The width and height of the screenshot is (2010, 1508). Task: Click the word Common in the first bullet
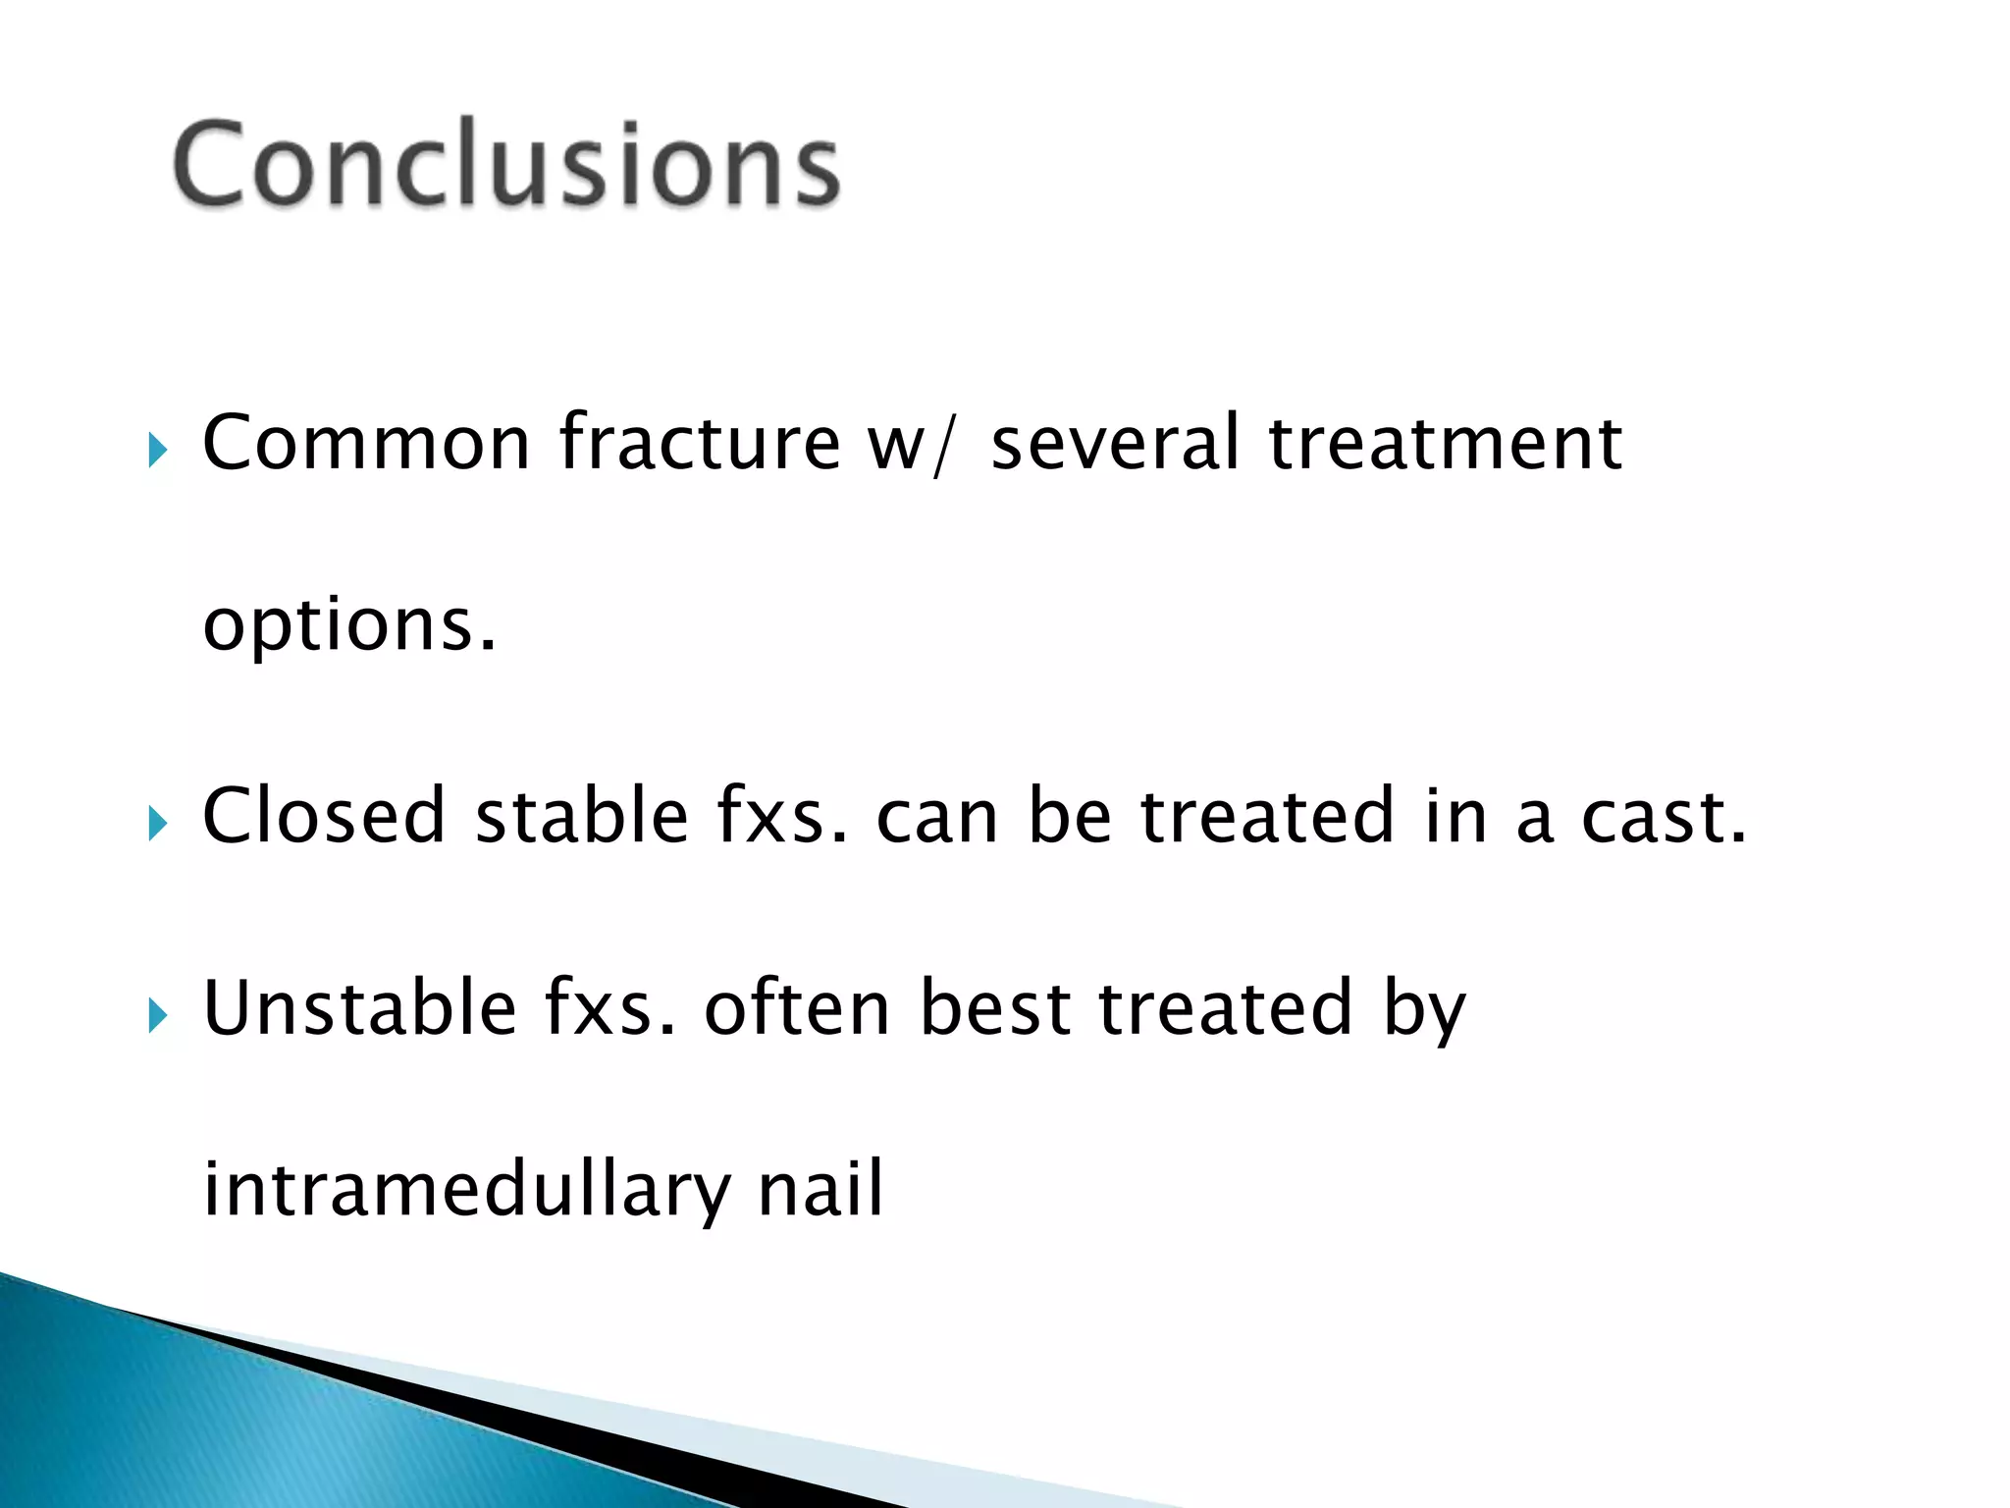(366, 444)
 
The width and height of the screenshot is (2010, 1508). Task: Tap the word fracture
(700, 444)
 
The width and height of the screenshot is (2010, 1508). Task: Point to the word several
(1115, 444)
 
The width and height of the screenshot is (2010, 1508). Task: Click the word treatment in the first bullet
(1445, 444)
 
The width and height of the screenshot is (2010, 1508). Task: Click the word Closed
(323, 816)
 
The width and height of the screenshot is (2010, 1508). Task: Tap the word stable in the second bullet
(582, 816)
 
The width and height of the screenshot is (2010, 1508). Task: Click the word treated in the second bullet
(1266, 816)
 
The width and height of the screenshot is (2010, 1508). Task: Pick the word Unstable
(359, 1008)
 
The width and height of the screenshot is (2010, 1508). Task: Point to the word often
(797, 1008)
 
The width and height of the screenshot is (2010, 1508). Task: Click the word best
(995, 1008)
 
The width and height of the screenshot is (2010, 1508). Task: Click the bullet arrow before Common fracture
(157, 452)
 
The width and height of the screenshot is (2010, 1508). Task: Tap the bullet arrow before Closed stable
(157, 825)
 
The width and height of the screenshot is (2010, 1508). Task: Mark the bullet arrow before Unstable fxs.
(157, 1016)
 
